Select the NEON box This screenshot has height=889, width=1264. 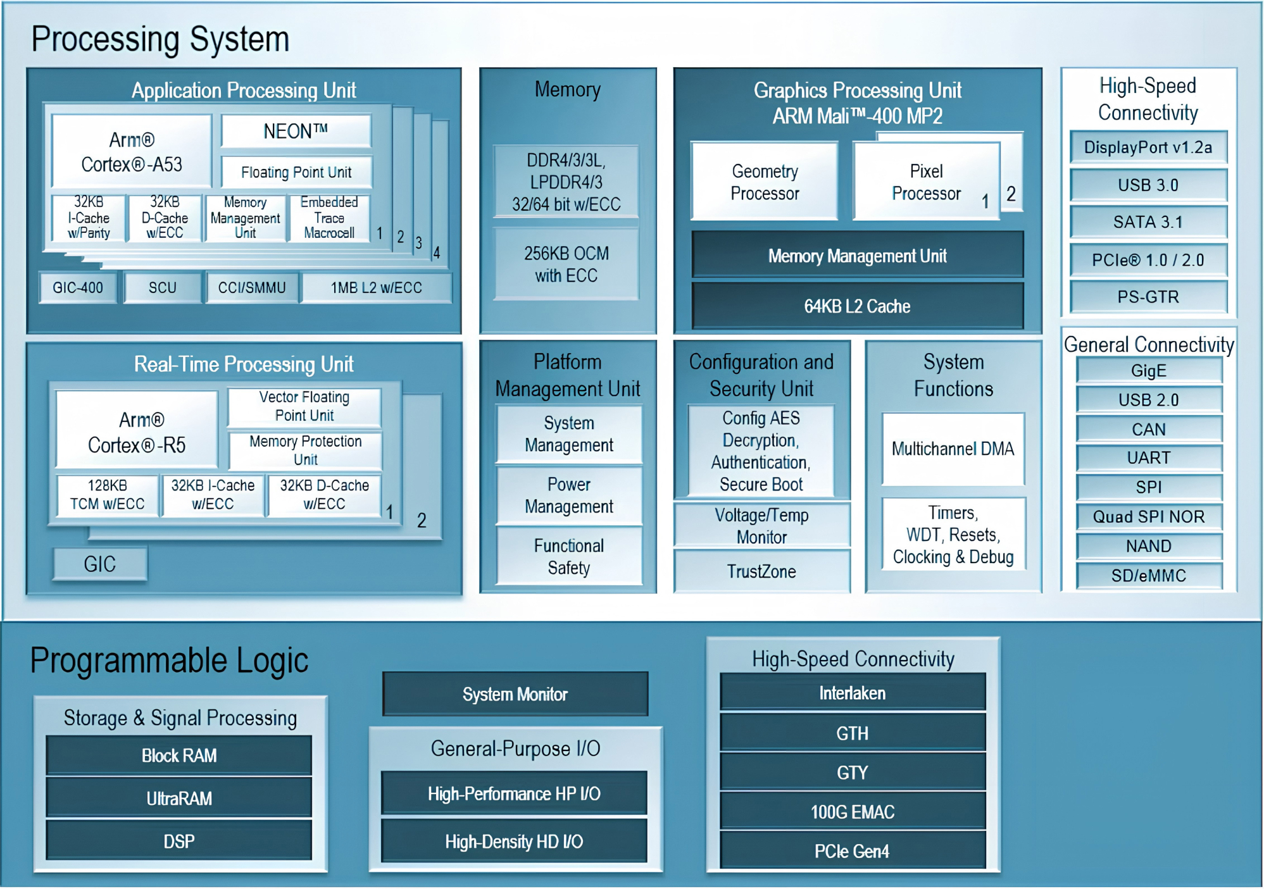[296, 132]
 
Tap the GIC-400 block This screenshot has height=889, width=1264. [78, 288]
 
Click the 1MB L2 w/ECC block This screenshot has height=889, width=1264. [376, 288]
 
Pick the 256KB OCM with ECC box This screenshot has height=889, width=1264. [566, 264]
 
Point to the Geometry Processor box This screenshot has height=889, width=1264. [765, 182]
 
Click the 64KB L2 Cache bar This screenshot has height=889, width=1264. [857, 306]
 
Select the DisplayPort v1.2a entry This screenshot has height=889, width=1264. [1148, 147]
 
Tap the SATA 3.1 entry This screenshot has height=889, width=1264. [1148, 222]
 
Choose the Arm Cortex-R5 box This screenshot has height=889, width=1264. [137, 432]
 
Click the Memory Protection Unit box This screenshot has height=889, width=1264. [305, 450]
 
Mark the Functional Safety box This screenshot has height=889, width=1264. [568, 556]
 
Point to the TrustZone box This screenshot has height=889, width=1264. [761, 571]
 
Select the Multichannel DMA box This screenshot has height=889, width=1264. [953, 449]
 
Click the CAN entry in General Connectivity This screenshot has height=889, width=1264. [1148, 429]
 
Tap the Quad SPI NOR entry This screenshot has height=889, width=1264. [1148, 517]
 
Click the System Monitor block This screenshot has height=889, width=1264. [515, 694]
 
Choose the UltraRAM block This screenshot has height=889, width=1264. [179, 799]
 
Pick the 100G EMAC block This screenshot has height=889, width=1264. [853, 812]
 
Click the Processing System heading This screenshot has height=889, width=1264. [160, 39]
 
